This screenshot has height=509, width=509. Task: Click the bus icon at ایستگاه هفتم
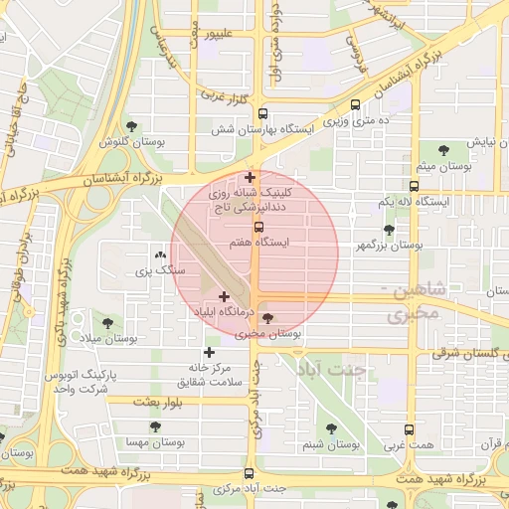[259, 227]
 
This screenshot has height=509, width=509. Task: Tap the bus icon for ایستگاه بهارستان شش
[262, 113]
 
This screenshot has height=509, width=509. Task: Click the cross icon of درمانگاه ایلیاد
[224, 296]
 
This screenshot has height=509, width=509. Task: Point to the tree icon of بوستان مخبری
[267, 320]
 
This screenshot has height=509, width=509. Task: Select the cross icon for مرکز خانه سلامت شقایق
[209, 352]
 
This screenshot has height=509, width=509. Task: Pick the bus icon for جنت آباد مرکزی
[249, 473]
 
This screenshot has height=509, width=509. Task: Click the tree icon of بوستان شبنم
[330, 428]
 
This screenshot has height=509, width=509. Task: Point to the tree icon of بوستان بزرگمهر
[389, 230]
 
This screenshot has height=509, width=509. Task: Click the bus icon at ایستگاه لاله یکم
[414, 186]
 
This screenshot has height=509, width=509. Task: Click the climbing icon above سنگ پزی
[160, 254]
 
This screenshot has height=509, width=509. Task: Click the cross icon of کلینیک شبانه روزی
[250, 178]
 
